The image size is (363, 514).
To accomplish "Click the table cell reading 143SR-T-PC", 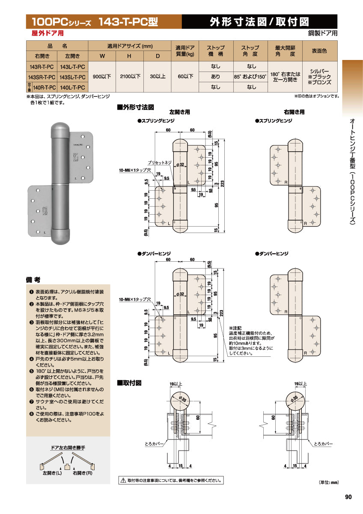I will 42,77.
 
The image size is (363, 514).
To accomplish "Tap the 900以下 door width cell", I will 102,77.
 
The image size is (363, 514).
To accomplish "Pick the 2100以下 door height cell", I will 130,77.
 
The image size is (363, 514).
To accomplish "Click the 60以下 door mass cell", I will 185,77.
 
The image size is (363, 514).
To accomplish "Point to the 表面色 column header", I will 319,51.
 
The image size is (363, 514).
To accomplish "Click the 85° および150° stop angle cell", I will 250,77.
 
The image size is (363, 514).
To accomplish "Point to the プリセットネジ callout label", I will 159,163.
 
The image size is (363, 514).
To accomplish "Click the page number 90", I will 348,497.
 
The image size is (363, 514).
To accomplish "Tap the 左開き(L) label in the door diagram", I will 52,473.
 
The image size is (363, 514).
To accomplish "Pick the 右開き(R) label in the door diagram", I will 83,473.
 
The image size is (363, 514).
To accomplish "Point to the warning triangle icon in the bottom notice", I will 122,481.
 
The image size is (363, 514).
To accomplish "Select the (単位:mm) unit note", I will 328,482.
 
